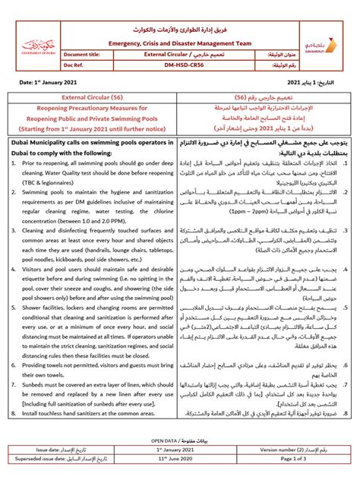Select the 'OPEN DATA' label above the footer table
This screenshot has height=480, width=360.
[166, 440]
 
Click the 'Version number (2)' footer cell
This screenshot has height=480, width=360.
[288, 450]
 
